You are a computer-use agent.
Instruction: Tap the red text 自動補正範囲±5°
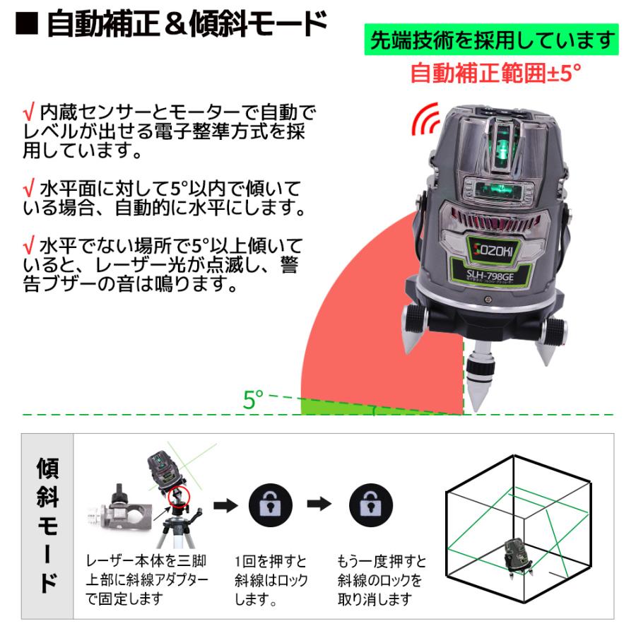tap(495, 73)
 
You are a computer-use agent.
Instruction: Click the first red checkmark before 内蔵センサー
tap(28, 112)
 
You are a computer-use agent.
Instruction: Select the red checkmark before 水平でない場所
tap(28, 246)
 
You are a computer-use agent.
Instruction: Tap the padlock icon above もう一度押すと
tap(371, 505)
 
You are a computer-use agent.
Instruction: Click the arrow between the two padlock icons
tap(319, 505)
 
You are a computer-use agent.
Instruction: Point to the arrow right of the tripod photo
tap(225, 505)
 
